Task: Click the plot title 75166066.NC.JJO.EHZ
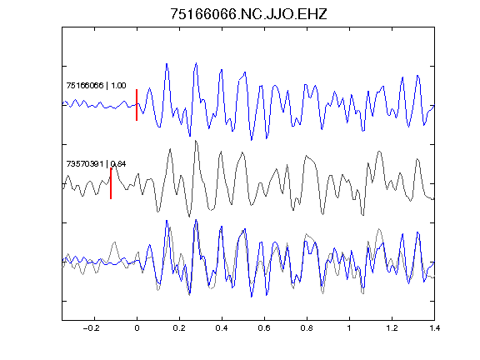point(248,14)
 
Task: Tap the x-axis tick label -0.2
point(91,328)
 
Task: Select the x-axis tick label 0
point(137,328)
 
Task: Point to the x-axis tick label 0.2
point(179,328)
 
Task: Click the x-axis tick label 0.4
point(222,328)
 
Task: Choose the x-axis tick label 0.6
point(264,328)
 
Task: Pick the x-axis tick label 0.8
point(307,328)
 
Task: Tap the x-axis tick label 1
point(349,328)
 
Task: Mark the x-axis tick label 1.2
point(392,328)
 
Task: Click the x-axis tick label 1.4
point(434,328)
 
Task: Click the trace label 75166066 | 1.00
point(96,85)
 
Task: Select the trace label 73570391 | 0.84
point(96,164)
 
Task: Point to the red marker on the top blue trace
point(137,105)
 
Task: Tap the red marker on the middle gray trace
point(111,183)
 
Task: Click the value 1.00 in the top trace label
point(118,85)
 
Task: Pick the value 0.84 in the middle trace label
point(118,164)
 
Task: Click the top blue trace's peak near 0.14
point(167,64)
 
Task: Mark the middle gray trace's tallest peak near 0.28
point(196,141)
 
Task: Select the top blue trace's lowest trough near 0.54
point(252,140)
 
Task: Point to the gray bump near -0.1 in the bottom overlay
point(114,242)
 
